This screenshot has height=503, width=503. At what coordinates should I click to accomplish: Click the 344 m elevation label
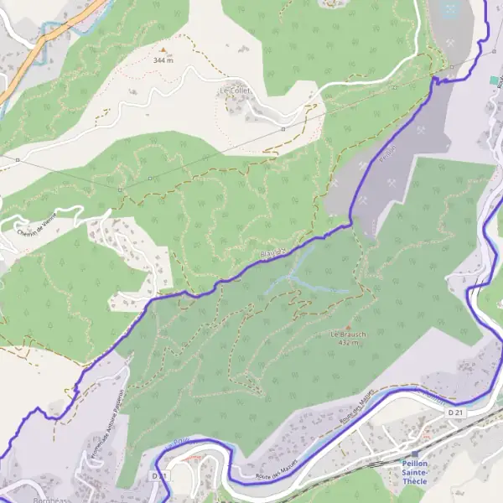pyautogui.click(x=163, y=60)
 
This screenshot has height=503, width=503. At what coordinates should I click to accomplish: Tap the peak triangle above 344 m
pyautogui.click(x=163, y=50)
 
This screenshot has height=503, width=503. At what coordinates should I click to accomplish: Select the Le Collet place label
pyautogui.click(x=236, y=91)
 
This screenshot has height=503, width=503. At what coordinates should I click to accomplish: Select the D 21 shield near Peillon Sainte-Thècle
pyautogui.click(x=455, y=412)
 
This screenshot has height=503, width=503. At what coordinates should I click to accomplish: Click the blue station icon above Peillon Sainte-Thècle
pyautogui.click(x=414, y=454)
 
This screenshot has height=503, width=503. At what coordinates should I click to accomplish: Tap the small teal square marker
pyautogui.click(x=494, y=80)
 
